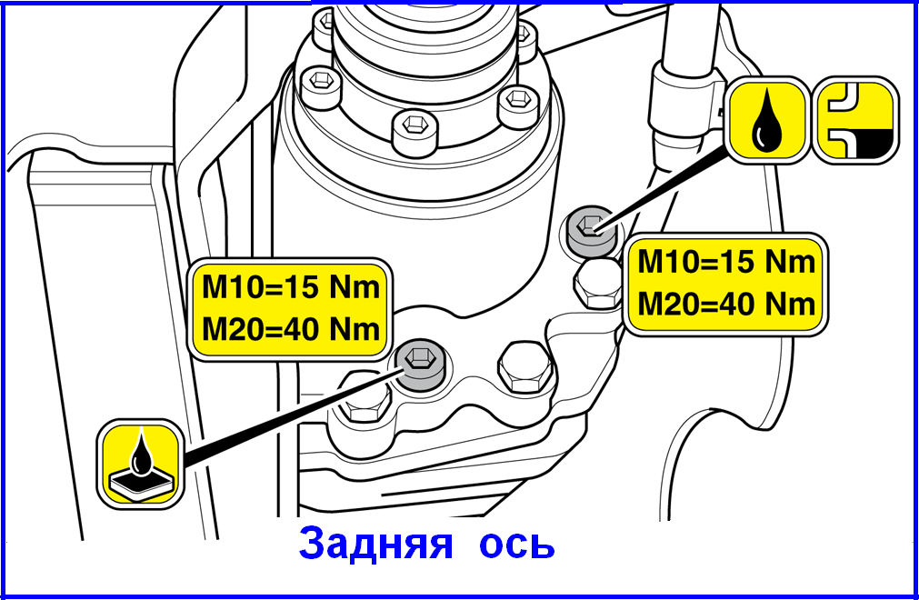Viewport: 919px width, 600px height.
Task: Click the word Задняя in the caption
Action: pos(375,544)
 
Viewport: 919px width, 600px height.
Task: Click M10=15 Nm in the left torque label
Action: pos(291,287)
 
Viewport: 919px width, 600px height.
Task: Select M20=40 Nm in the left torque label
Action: pos(291,330)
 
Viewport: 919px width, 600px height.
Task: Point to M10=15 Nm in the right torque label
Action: pos(727,261)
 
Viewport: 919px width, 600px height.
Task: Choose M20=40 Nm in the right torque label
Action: pos(727,305)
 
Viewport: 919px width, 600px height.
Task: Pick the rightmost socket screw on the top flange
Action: pos(519,106)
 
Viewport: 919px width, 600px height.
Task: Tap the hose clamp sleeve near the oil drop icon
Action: pos(680,103)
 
